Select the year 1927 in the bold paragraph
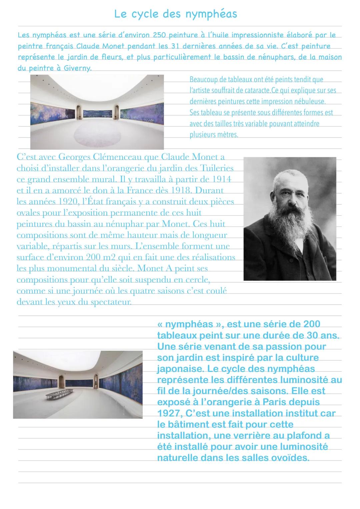tap(169, 414)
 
